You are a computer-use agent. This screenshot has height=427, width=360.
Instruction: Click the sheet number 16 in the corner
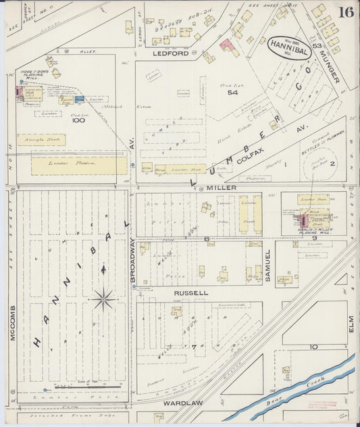click(x=346, y=11)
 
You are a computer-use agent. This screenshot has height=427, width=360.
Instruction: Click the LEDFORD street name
click(x=170, y=53)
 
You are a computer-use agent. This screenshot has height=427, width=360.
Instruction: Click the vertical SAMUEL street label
click(x=267, y=265)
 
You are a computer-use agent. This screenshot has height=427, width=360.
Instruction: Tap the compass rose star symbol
click(x=103, y=298)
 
